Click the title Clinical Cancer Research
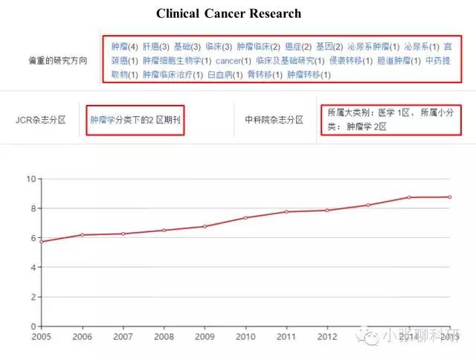coord(228,13)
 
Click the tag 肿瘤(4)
coord(124,45)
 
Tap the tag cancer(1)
coord(233,60)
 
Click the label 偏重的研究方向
coord(57,60)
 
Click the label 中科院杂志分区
coord(274,119)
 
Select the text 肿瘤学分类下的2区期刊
coord(135,119)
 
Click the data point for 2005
coord(41,242)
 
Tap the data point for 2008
coord(164,231)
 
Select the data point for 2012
coord(327,210)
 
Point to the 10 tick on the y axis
coord(30,179)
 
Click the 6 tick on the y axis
coord(33,238)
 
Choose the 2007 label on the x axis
coord(123,337)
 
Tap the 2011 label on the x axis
coord(286,337)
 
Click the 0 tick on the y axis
coord(33,327)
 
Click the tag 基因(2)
coord(328,45)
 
